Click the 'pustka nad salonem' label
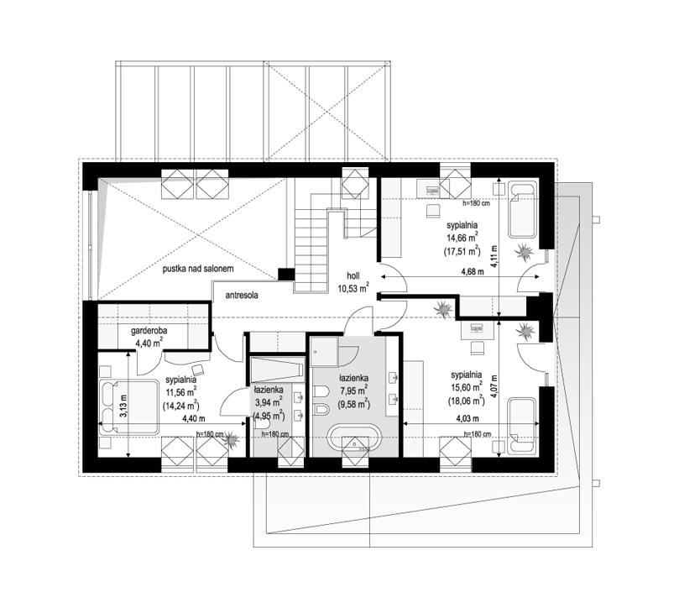click(x=198, y=269)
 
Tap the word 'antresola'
click(x=242, y=295)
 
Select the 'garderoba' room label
click(x=149, y=331)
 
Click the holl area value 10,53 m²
click(x=353, y=287)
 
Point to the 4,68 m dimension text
click(x=473, y=272)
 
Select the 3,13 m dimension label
click(x=123, y=406)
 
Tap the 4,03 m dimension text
click(x=467, y=418)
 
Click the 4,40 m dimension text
click(x=194, y=418)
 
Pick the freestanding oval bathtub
click(x=355, y=438)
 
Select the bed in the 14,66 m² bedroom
click(x=522, y=210)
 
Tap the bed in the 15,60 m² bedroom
click(x=522, y=426)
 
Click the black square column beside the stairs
click(x=286, y=275)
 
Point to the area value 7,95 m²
click(x=354, y=390)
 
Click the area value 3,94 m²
click(x=269, y=401)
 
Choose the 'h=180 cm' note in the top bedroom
click(x=476, y=203)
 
